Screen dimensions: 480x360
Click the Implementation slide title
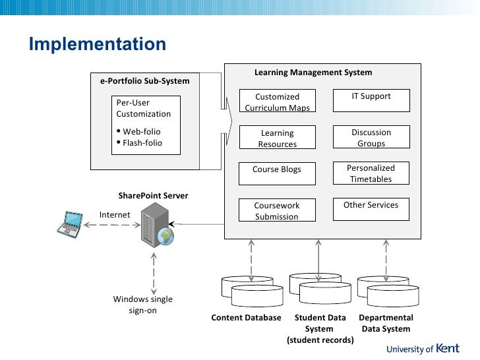[x=98, y=44]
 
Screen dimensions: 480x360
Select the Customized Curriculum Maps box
[x=278, y=101]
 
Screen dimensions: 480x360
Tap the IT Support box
[x=371, y=100]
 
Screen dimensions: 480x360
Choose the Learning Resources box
[x=278, y=137]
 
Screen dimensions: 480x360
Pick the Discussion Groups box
[x=371, y=137]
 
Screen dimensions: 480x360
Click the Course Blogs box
[x=277, y=173]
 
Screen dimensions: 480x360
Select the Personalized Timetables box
[x=371, y=173]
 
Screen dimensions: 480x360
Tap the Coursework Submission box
[x=277, y=210]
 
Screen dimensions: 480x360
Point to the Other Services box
[x=371, y=210]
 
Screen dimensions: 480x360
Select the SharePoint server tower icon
[x=155, y=225]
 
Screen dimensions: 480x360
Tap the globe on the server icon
[x=165, y=236]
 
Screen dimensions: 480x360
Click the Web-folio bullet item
[x=138, y=132]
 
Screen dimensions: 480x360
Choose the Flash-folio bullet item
[x=140, y=143]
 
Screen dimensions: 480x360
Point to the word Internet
[x=115, y=215]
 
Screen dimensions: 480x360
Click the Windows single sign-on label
[x=142, y=305]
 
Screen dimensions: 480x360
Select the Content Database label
[x=246, y=318]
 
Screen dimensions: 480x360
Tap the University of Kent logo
[x=423, y=349]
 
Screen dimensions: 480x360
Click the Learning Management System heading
[x=313, y=73]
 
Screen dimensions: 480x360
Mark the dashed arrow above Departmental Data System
[x=386, y=260]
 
